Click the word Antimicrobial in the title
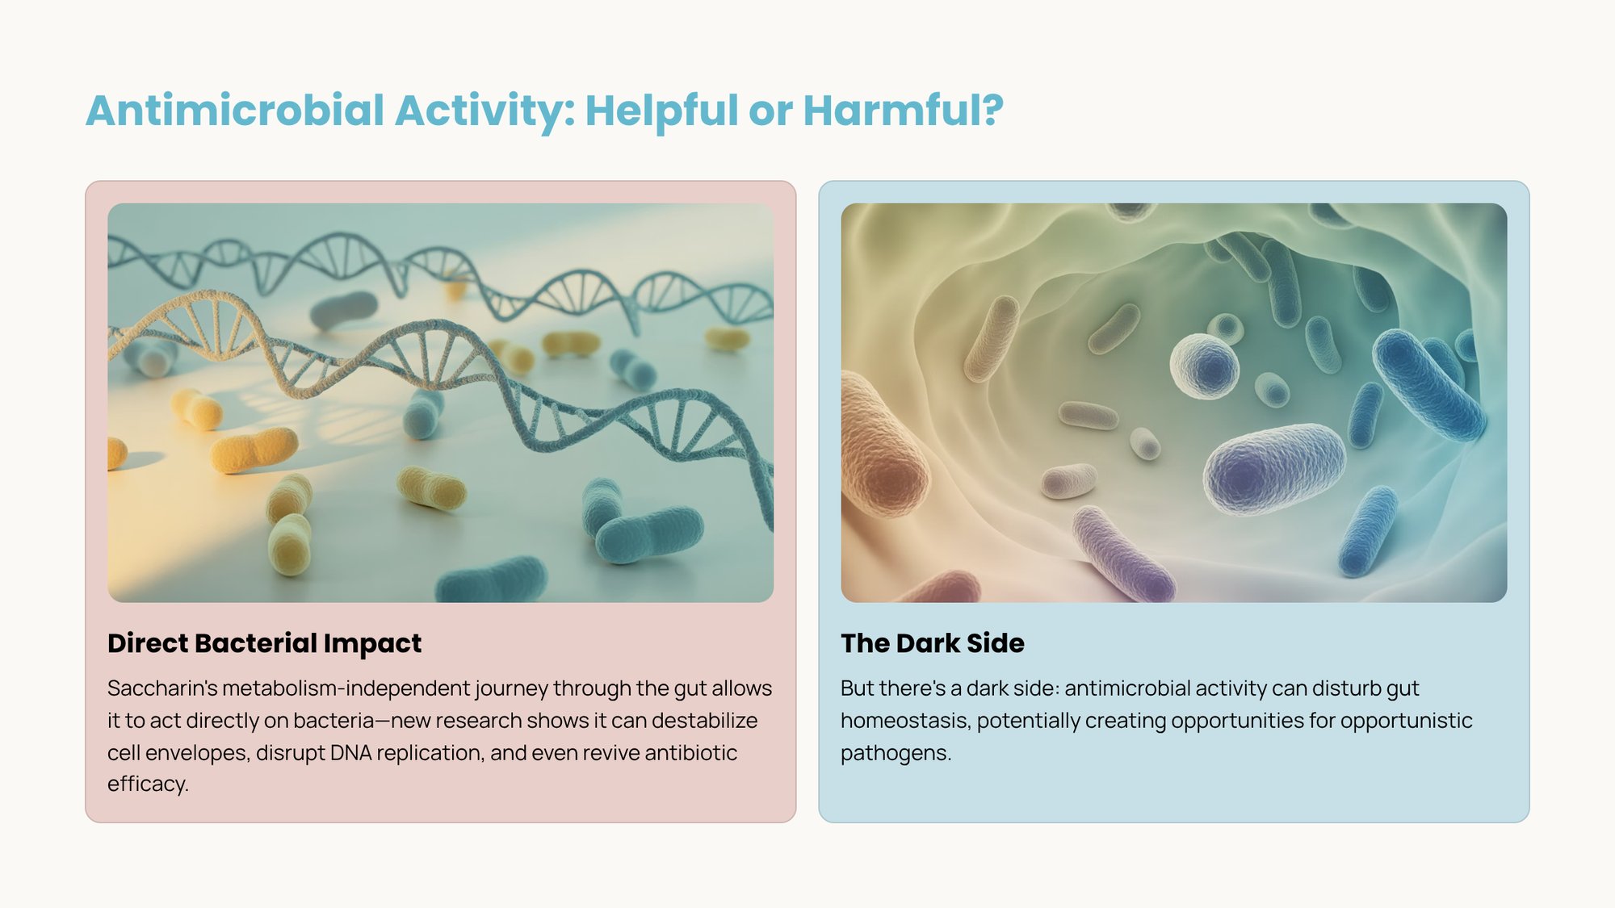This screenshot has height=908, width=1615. point(235,111)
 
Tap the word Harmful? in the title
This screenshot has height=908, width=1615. point(903,111)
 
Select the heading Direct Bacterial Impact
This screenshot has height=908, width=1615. point(264,643)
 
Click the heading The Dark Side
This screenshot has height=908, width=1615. point(932,643)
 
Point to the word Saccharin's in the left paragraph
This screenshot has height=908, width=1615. point(162,688)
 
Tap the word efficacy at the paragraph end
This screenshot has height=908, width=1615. point(146,784)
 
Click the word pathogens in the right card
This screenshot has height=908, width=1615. point(894,753)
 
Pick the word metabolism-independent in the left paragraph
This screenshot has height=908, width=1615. point(346,688)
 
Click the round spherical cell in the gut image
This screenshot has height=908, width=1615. point(1204,366)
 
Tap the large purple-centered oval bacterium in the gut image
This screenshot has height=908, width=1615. point(1273,468)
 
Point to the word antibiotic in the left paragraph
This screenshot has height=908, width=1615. point(690,753)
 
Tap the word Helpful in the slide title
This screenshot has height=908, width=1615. point(661,111)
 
